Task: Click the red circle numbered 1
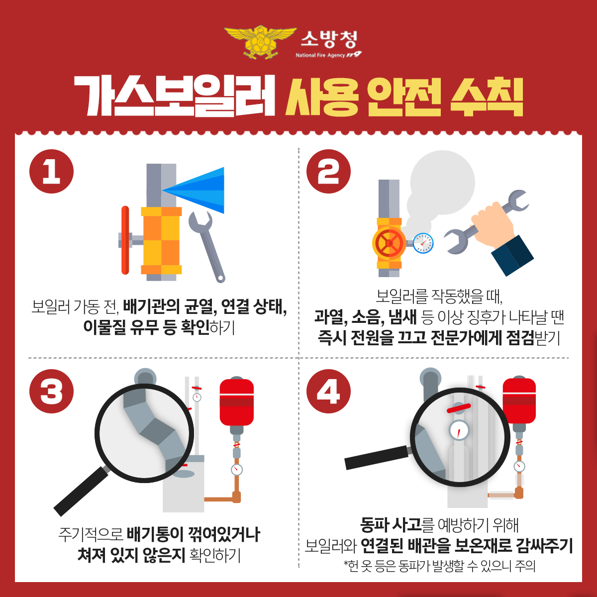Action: click(52, 172)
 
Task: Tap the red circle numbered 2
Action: click(328, 172)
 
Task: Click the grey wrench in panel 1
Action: click(206, 244)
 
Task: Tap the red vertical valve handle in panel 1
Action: click(125, 240)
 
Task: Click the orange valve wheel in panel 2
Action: click(389, 243)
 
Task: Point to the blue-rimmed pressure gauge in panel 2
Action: click(423, 243)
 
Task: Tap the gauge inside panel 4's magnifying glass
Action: click(459, 430)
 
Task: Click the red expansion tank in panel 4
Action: click(519, 401)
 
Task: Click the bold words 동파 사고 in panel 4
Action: click(391, 524)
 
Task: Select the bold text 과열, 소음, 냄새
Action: click(365, 317)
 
